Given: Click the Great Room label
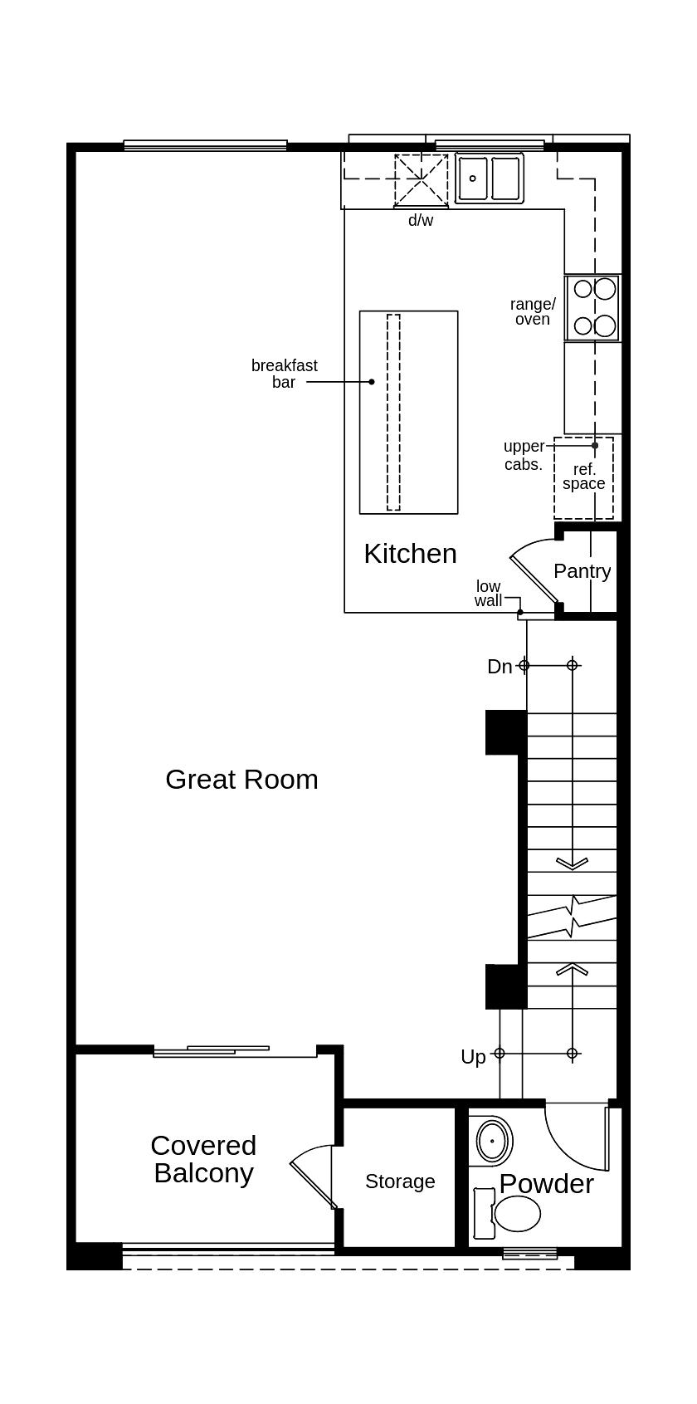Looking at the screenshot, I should [241, 780].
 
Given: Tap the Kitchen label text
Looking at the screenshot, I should [410, 554].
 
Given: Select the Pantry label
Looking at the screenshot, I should [582, 571].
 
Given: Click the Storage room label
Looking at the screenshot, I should [400, 1181].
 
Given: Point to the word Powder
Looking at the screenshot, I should [546, 1184].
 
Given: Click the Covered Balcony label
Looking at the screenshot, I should [203, 1159].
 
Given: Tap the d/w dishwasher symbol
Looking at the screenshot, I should [421, 180].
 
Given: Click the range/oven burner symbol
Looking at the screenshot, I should [593, 307].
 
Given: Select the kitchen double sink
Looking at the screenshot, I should [490, 179].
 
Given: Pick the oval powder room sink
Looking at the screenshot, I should [492, 1142].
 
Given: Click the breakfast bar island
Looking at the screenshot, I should [408, 413].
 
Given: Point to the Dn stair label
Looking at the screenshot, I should [500, 667].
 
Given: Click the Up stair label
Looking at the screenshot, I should [473, 1057].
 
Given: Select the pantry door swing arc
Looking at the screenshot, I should [531, 565].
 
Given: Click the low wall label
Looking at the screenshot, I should [489, 594].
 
